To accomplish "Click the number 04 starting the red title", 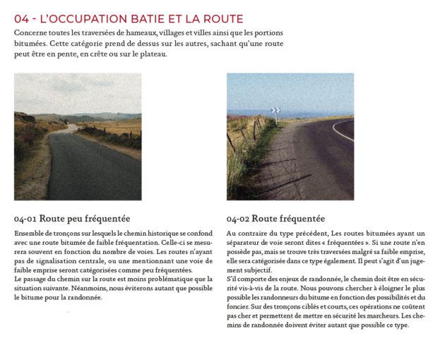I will (x=22, y=18).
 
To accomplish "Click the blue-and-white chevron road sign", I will (x=275, y=110).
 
